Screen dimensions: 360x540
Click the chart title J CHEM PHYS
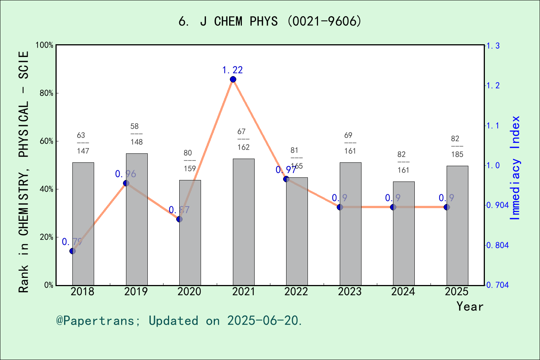(270, 21)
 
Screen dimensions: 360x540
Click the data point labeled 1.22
(233, 79)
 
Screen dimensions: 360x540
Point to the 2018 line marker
(73, 251)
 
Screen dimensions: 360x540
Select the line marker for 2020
(180, 219)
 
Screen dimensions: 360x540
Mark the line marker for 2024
(393, 207)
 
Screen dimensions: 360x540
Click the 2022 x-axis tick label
(296, 292)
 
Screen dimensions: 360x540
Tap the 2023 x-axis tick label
(350, 292)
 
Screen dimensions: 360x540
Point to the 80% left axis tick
(46, 93)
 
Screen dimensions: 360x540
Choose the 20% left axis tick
(46, 237)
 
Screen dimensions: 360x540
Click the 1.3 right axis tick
(493, 46)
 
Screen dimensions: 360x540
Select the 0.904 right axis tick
(497, 205)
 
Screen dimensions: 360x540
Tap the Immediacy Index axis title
(516, 168)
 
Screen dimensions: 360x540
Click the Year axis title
(470, 306)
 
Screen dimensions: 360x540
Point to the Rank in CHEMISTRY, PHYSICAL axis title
(24, 172)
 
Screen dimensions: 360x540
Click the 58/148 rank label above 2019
(136, 134)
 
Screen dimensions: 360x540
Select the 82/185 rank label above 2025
(457, 147)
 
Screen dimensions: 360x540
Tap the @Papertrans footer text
(179, 321)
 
